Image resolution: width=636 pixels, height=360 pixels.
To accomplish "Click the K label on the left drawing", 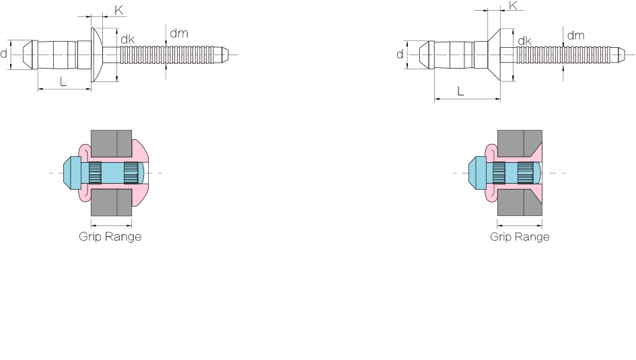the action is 119,10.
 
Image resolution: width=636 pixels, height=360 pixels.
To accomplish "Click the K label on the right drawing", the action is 513,5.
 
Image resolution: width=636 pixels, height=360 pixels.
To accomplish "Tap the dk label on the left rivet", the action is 128,39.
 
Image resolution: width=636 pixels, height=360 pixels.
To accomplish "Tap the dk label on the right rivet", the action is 524,40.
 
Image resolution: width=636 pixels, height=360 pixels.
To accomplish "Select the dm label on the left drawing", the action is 179,33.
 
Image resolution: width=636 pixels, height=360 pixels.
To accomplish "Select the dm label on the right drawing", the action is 575,36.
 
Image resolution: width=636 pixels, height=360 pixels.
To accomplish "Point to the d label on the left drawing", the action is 3,54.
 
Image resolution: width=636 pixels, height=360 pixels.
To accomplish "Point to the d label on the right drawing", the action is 400,55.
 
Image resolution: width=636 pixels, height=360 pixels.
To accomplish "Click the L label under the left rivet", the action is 63,82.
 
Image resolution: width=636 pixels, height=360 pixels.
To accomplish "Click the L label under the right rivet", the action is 460,92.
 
